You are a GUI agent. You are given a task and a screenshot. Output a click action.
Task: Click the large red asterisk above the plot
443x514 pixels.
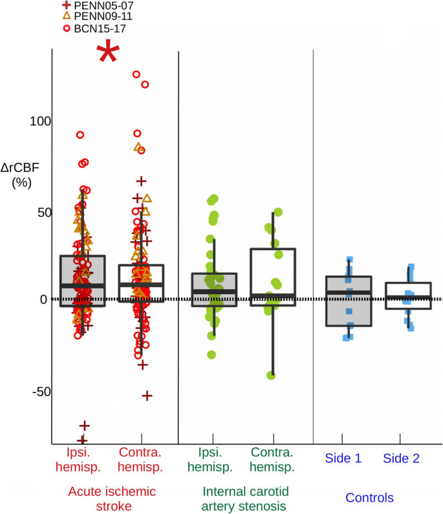tap(108, 53)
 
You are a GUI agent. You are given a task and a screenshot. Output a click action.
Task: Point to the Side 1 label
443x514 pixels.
tap(343, 458)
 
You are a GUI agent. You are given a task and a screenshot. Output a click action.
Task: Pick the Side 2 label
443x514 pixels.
tap(401, 458)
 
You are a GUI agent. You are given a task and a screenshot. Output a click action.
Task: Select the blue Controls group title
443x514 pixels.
tap(369, 498)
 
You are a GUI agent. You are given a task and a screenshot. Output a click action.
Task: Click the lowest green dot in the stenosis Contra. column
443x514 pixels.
tap(271, 376)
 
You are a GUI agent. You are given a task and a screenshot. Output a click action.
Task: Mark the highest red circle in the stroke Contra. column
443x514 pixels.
tap(136, 74)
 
